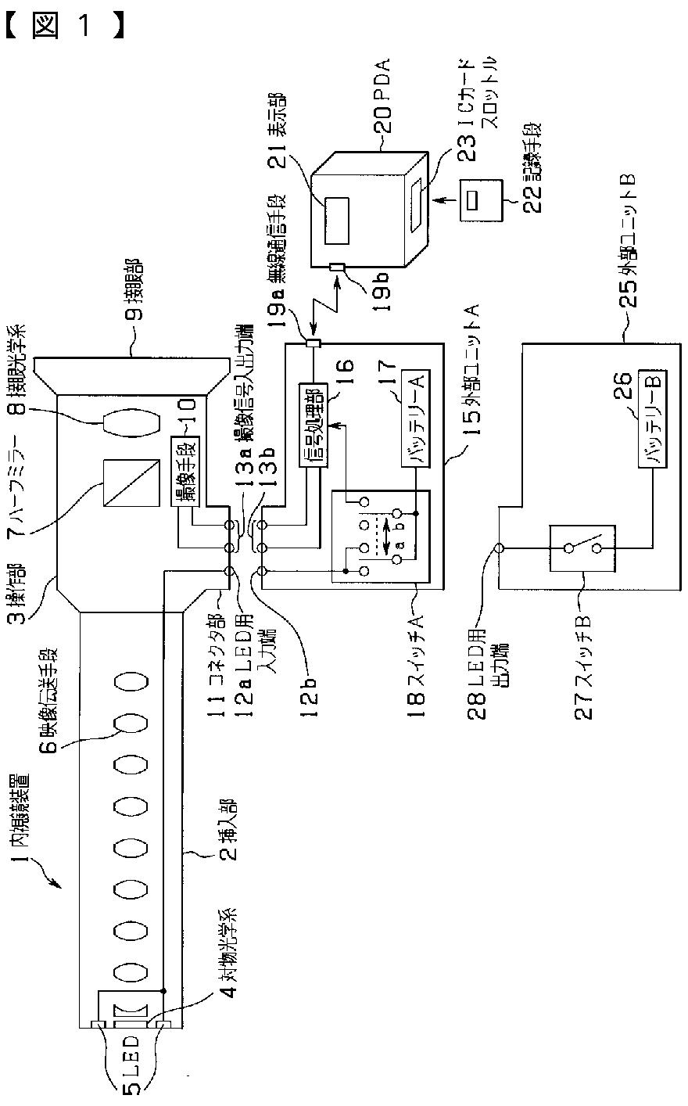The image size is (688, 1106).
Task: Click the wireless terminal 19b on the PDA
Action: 336,268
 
